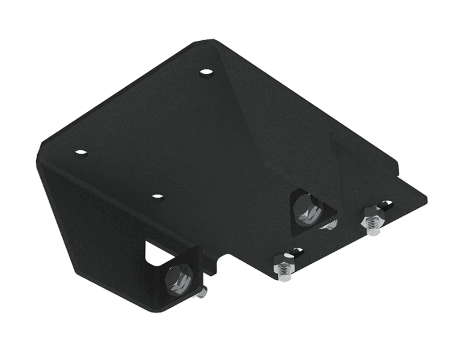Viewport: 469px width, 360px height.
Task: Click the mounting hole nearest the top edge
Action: [x=206, y=72]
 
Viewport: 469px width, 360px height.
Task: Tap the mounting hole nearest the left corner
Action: [x=81, y=153]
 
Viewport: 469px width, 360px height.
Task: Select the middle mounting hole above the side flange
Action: [x=157, y=197]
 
